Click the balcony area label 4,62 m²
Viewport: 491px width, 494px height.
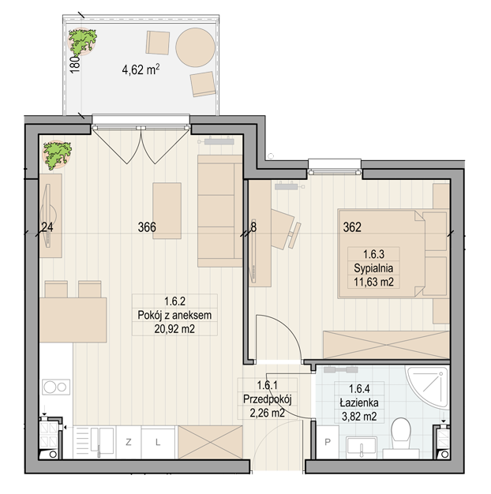(141, 69)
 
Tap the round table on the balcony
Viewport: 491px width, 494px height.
(196, 47)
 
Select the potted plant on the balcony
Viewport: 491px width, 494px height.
(82, 42)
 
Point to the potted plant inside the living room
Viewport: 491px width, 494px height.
(58, 155)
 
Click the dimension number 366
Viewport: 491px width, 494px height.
(147, 227)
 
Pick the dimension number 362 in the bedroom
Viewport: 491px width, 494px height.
(352, 227)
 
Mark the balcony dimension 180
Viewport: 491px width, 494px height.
(75, 65)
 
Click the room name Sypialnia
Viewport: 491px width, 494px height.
(373, 268)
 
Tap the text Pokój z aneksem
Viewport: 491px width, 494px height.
(174, 315)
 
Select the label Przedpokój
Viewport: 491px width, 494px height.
(268, 399)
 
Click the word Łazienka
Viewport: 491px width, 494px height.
(359, 402)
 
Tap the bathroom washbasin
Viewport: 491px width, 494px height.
(362, 447)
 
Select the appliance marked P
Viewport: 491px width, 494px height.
(328, 442)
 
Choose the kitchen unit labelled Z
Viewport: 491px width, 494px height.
(129, 442)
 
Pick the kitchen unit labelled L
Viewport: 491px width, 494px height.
(158, 442)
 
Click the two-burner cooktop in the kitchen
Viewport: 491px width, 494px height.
(56, 387)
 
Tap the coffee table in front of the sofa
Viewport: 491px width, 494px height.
(167, 211)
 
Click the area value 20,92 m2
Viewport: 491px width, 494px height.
(174, 329)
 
